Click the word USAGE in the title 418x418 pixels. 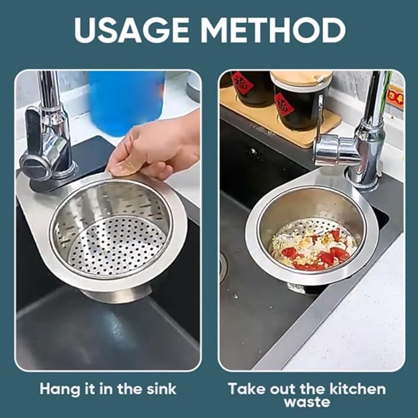pyautogui.click(x=131, y=30)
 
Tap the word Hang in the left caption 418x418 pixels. pyautogui.click(x=60, y=390)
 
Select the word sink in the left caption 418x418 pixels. pyautogui.click(x=161, y=389)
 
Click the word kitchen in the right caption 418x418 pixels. pyautogui.click(x=357, y=389)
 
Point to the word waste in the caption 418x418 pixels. pyautogui.click(x=307, y=402)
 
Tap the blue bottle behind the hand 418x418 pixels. pyautogui.click(x=126, y=102)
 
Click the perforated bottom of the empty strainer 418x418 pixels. pyautogui.click(x=118, y=245)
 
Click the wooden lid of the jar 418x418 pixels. pyautogui.click(x=302, y=78)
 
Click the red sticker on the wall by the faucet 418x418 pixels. pyautogui.click(x=396, y=97)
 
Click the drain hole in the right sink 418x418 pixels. pyautogui.click(x=223, y=267)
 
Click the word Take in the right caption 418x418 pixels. pyautogui.click(x=247, y=389)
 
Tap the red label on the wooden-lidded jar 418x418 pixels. pyautogui.click(x=284, y=106)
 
